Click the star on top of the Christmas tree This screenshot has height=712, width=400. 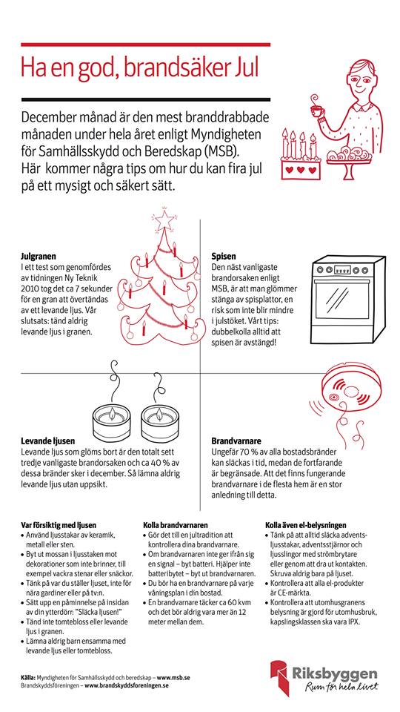click(x=164, y=221)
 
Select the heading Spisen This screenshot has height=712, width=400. click(x=224, y=256)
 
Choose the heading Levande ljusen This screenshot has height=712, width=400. click(x=48, y=441)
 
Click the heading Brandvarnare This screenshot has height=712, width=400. click(x=236, y=441)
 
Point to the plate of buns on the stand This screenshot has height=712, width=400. click(x=349, y=155)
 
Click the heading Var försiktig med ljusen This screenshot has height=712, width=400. click(x=59, y=525)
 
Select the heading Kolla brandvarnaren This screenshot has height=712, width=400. click(x=175, y=525)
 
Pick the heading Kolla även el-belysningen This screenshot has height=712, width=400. click(x=306, y=525)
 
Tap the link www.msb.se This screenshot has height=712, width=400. click(x=173, y=677)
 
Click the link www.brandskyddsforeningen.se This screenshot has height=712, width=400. click(x=127, y=685)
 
